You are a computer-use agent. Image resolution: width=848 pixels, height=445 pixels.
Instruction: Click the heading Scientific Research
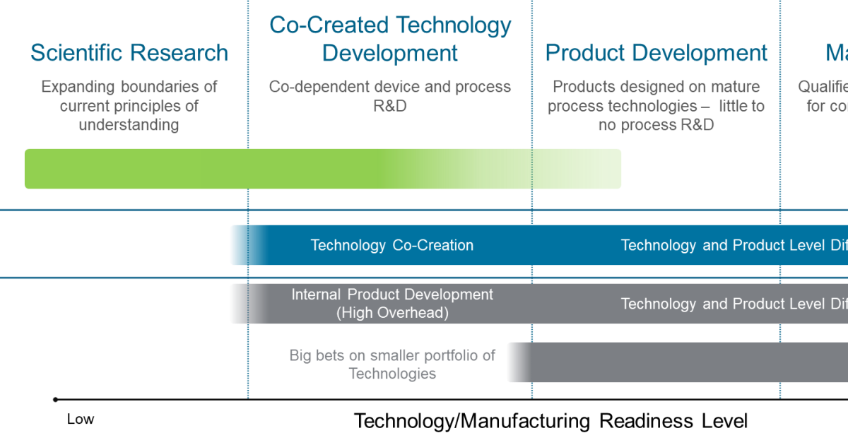129,53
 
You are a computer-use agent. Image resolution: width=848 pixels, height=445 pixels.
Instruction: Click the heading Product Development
656,53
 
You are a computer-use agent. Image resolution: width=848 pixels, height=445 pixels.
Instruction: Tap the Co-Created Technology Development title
390,39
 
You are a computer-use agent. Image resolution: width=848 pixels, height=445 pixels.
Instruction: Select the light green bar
322,169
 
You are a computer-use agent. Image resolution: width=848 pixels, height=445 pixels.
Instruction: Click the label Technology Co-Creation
391,245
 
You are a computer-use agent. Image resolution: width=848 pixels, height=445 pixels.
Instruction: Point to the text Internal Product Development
392,295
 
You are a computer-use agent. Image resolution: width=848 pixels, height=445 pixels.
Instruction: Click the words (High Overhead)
392,312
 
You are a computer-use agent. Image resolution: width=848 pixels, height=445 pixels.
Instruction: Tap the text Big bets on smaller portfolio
392,355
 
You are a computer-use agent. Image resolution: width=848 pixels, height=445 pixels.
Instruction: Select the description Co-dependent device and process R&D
390,96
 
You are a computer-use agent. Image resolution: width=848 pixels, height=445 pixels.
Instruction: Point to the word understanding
129,125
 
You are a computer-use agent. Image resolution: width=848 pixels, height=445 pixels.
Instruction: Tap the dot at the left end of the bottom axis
55,399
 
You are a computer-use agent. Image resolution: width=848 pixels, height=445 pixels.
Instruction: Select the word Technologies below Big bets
392,374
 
